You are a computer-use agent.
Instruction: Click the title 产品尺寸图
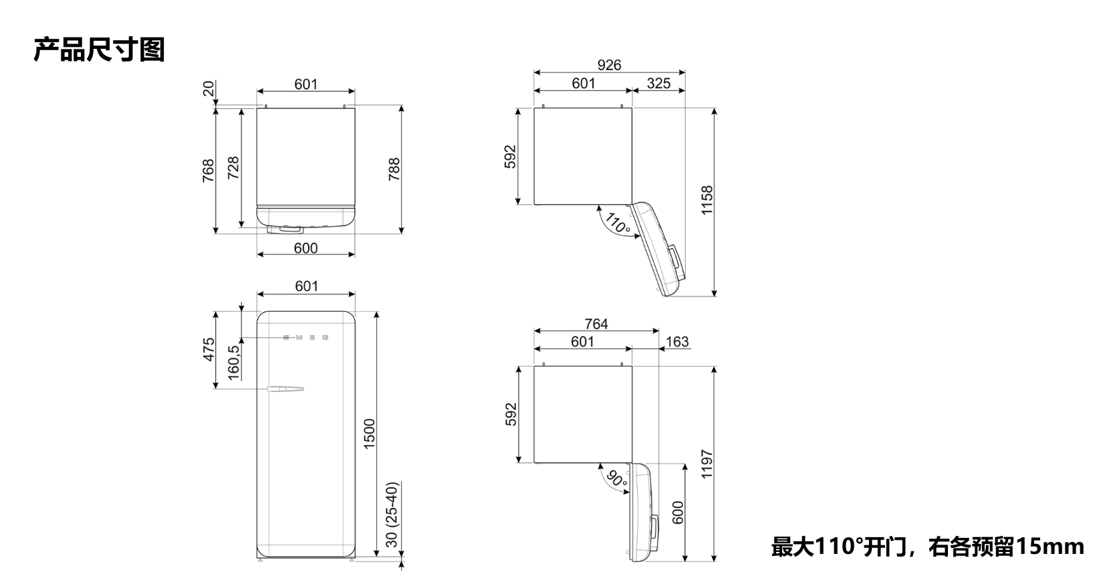tap(99, 50)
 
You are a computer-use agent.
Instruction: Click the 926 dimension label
tap(609, 65)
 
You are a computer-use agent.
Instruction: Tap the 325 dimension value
tap(658, 84)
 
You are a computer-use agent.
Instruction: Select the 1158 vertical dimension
tap(707, 200)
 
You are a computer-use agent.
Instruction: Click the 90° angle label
tap(617, 479)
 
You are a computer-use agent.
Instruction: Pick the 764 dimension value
tap(596, 324)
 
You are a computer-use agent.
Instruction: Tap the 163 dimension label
tap(677, 342)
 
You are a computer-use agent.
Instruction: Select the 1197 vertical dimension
tap(707, 464)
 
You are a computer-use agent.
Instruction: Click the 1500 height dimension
tap(370, 434)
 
